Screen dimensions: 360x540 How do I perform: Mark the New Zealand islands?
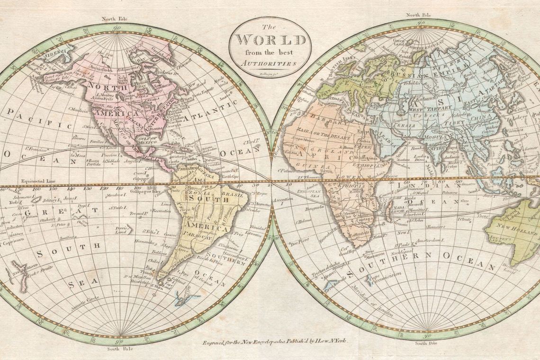[19, 274]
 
